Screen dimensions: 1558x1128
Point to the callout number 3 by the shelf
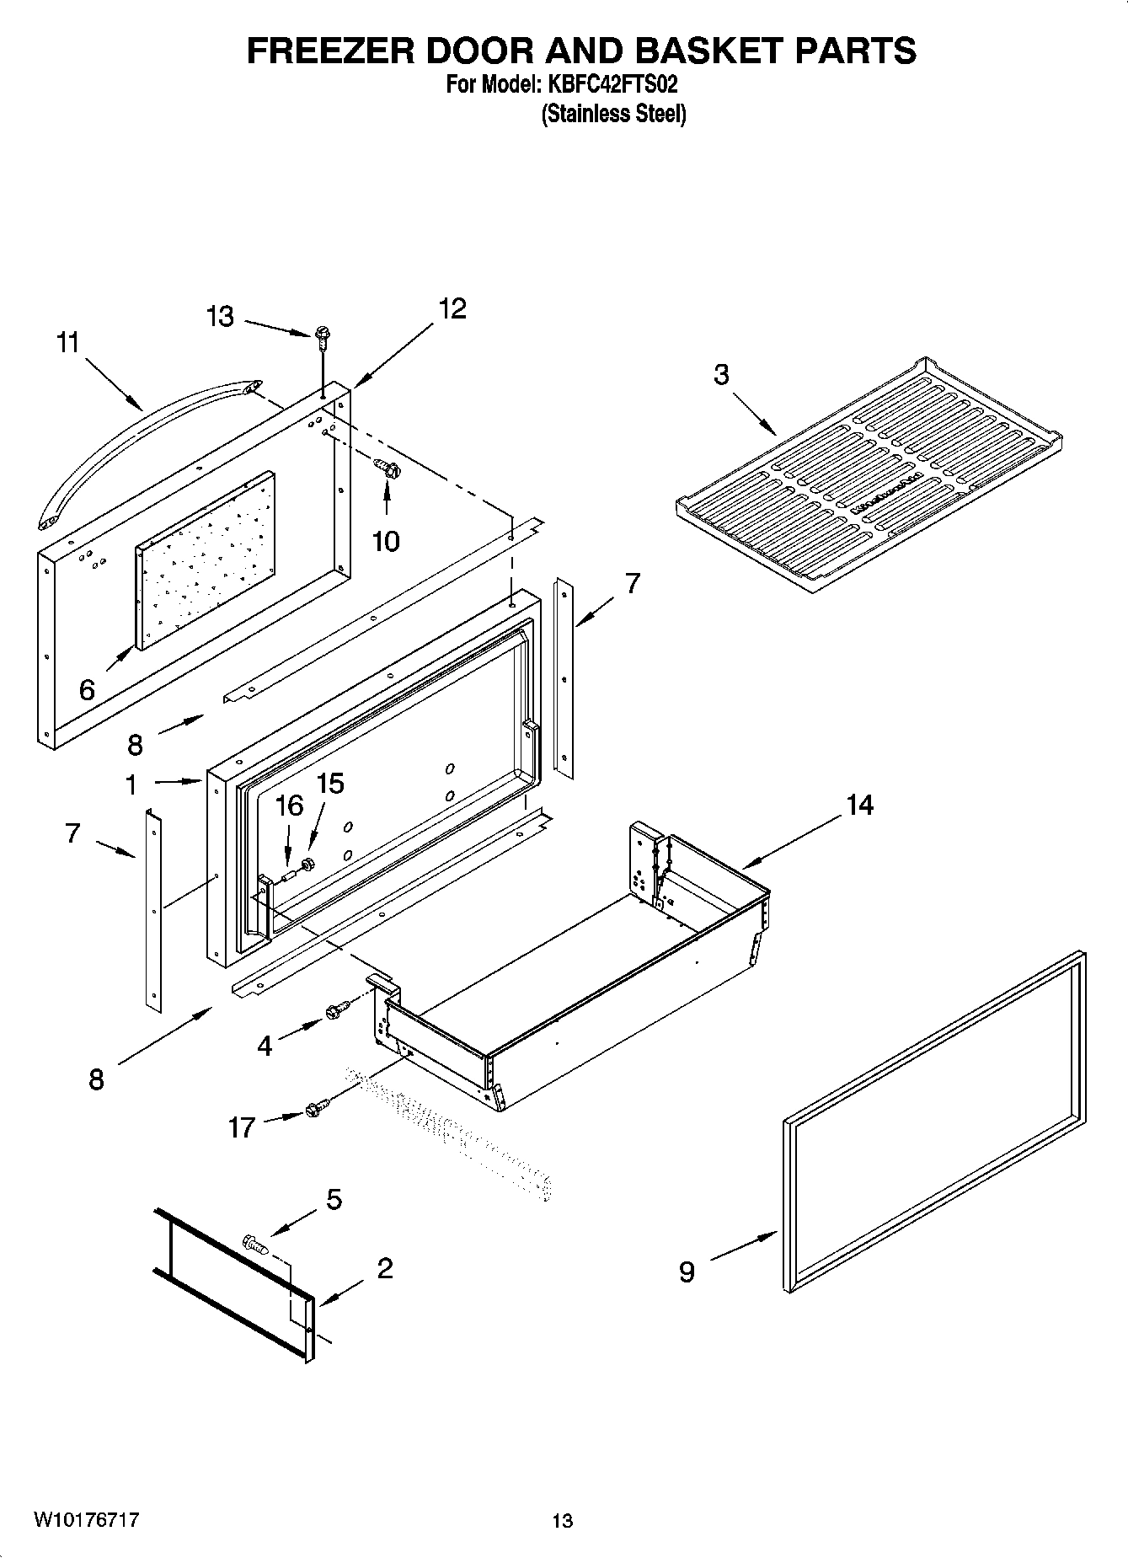point(721,375)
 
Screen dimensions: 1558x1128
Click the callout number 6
point(87,690)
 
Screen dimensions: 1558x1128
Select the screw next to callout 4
point(337,1009)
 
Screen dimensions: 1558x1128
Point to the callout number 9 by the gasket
point(687,1272)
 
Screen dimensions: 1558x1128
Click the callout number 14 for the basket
point(859,806)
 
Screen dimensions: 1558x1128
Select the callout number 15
point(330,784)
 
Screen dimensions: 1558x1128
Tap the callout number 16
point(289,806)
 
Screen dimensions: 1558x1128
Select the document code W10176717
point(86,1520)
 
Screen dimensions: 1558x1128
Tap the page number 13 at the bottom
point(562,1521)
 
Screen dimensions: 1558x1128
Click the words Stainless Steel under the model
point(613,113)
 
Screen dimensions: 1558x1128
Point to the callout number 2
point(384,1268)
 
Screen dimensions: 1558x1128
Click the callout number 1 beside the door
point(131,785)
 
